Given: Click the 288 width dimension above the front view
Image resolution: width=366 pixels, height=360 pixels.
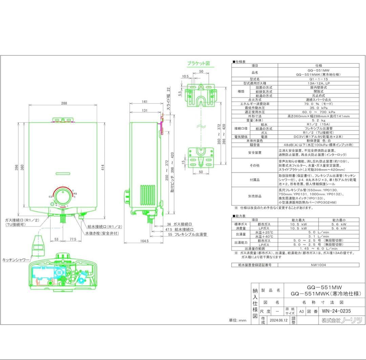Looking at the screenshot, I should pyautogui.click(x=64, y=103).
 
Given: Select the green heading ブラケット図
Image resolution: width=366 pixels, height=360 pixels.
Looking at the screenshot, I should pyautogui.click(x=199, y=63).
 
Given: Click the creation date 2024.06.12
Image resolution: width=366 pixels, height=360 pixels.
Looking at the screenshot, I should pyautogui.click(x=278, y=320).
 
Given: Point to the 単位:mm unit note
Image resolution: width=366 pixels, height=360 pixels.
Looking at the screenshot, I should pyautogui.click(x=238, y=320).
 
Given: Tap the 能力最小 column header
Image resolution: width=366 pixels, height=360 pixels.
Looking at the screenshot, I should pyautogui.click(x=339, y=220).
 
